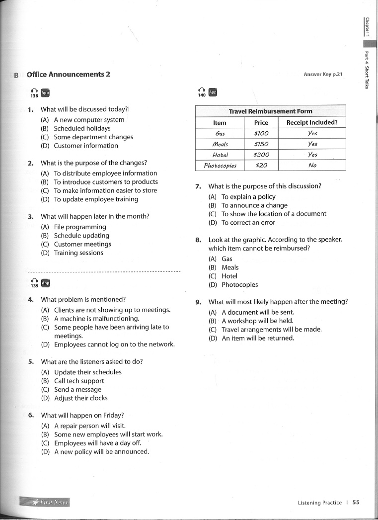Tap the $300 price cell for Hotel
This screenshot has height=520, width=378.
point(261,155)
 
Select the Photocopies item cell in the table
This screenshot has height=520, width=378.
point(220,166)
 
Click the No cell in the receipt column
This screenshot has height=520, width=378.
point(312,166)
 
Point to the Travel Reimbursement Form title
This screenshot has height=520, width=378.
point(270,111)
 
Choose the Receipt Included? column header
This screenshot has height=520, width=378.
point(312,123)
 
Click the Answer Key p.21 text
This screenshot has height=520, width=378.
point(323,75)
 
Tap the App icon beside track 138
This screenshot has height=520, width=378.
point(45,92)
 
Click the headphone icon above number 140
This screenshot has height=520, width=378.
point(202,90)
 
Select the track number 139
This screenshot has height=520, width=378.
point(34,286)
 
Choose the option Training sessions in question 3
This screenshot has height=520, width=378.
point(78,253)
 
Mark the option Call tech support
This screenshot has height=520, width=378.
point(79,381)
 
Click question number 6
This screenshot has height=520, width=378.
point(31,415)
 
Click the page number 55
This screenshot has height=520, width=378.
point(356,503)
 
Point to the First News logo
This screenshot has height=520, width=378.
point(45,503)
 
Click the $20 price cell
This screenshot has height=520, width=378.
point(261,166)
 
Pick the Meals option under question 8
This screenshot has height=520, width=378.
point(230,267)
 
